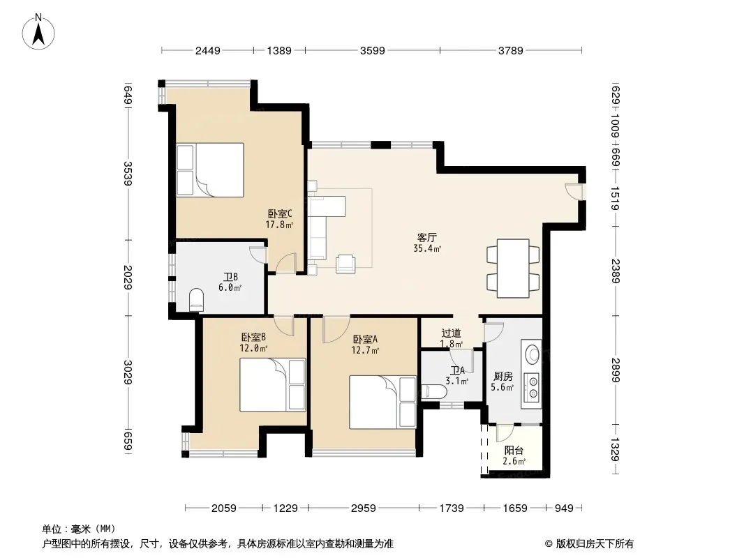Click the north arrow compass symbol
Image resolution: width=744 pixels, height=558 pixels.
pyautogui.click(x=38, y=31)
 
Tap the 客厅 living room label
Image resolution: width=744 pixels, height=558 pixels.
pyautogui.click(x=427, y=237)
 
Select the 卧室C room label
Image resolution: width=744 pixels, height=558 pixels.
pyautogui.click(x=279, y=214)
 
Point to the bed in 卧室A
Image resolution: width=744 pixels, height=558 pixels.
pyautogui.click(x=383, y=402)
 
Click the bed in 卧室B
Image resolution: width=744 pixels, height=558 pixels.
pyautogui.click(x=272, y=385)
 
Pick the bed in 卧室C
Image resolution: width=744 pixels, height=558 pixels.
pyautogui.click(x=210, y=170)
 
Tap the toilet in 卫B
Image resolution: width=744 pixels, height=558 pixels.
pyautogui.click(x=196, y=300)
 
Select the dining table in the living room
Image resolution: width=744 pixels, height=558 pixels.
pyautogui.click(x=513, y=269)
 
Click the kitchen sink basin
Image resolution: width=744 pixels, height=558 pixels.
pyautogui.click(x=533, y=354)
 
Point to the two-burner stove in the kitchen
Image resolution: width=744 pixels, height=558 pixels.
pyautogui.click(x=533, y=387)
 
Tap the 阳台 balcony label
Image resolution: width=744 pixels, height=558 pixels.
pyautogui.click(x=514, y=451)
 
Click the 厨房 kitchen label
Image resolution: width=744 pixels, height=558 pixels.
pyautogui.click(x=503, y=377)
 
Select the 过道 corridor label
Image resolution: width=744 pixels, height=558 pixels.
pyautogui.click(x=451, y=333)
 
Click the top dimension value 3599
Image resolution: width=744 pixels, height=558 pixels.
pyautogui.click(x=373, y=50)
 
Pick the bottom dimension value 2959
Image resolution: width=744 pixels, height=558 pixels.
pyautogui.click(x=364, y=508)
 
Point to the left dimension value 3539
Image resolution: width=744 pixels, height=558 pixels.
pyautogui.click(x=128, y=173)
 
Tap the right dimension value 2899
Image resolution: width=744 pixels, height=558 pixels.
pyautogui.click(x=615, y=370)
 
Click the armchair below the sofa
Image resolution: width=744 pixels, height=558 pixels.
pyautogui.click(x=345, y=264)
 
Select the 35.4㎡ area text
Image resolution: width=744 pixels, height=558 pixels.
pyautogui.click(x=428, y=248)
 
